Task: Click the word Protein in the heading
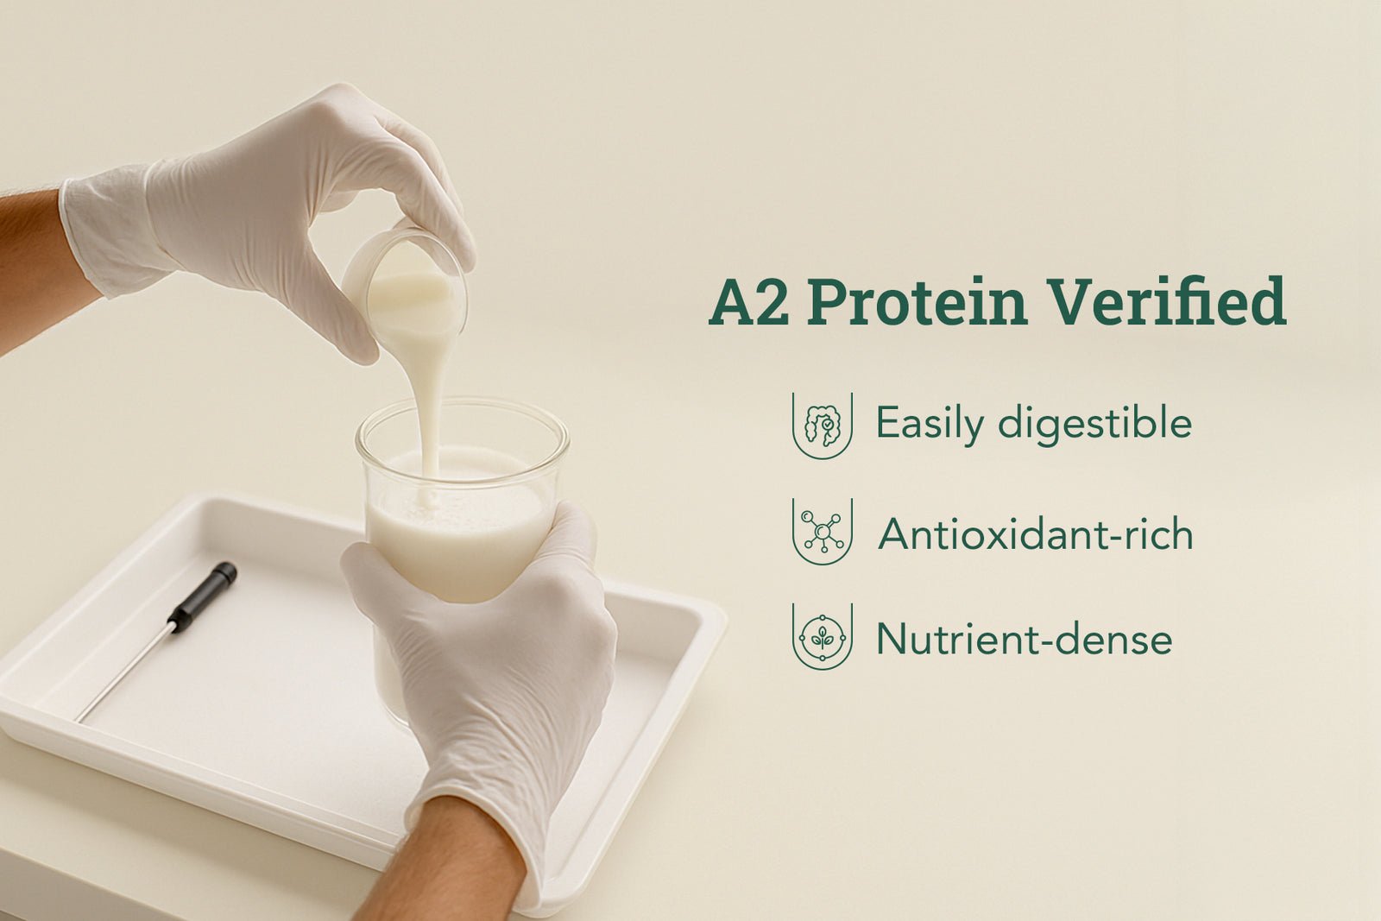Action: tap(918, 301)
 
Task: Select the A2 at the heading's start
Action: tap(749, 301)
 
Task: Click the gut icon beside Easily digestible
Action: tap(823, 426)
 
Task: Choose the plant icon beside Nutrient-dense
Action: tap(823, 637)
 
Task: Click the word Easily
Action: tap(930, 425)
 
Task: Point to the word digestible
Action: tap(1095, 425)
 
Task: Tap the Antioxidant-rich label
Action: tap(1036, 533)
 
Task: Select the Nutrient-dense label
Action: tap(1024, 639)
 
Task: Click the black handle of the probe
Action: tap(202, 596)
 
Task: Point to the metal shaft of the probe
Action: tap(123, 673)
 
